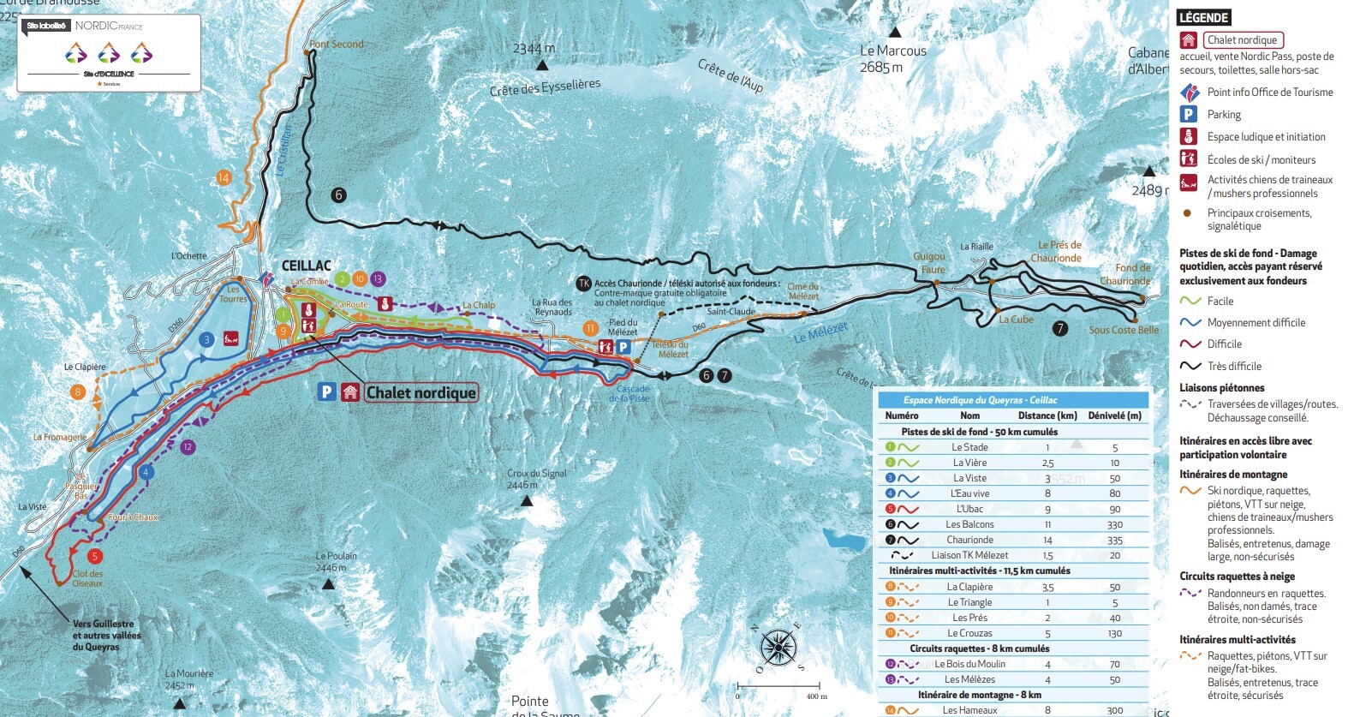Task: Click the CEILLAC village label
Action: click(307, 266)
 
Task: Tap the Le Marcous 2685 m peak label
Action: click(893, 58)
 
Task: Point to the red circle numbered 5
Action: click(95, 557)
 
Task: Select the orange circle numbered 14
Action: click(224, 177)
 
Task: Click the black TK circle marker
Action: click(584, 284)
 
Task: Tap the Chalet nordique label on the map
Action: click(421, 392)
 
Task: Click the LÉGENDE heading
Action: click(1203, 17)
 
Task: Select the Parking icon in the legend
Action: click(1188, 114)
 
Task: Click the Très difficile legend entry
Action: click(1233, 366)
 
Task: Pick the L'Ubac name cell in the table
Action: click(969, 509)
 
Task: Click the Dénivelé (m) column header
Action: click(1114, 415)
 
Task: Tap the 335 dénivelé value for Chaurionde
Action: click(1114, 541)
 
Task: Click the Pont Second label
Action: click(337, 45)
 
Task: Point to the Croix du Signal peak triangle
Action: click(528, 500)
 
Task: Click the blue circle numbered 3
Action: click(206, 340)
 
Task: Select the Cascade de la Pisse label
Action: click(633, 393)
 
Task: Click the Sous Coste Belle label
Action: click(1124, 330)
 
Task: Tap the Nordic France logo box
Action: click(109, 52)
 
